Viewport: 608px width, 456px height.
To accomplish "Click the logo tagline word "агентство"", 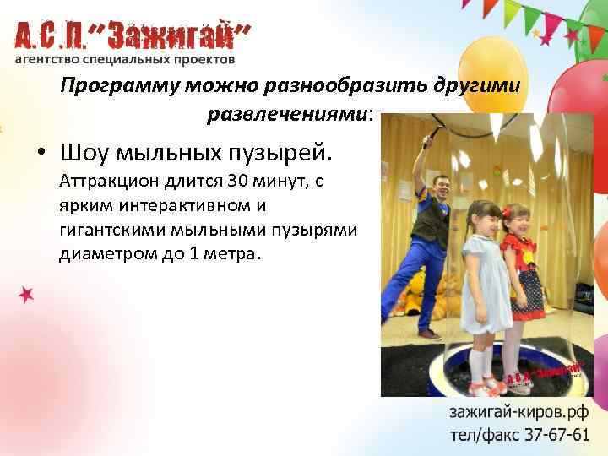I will [47, 60].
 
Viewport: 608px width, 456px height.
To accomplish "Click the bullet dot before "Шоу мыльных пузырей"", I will [41, 155].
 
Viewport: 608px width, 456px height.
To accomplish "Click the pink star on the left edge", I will [27, 294].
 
